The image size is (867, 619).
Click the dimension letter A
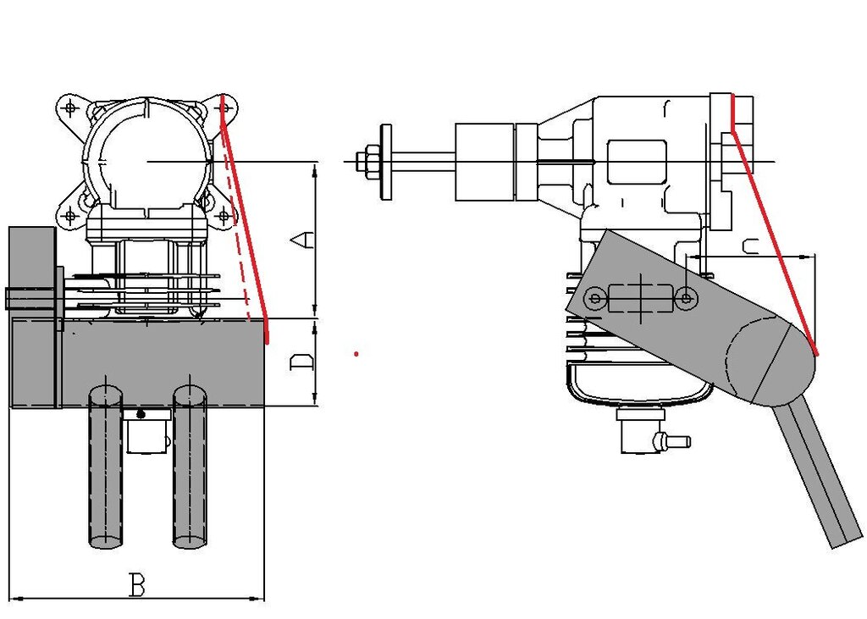(302, 240)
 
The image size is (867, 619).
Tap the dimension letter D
(302, 363)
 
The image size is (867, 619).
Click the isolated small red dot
(356, 353)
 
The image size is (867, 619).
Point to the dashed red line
(236, 221)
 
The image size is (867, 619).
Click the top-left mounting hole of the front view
(69, 108)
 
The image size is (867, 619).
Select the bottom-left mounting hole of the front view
(69, 216)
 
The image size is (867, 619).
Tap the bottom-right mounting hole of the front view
(223, 216)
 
